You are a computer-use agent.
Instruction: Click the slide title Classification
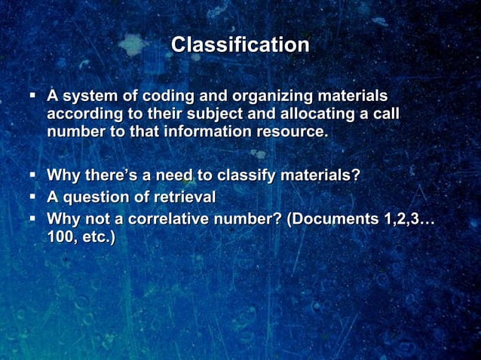[240, 45]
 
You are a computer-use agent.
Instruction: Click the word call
[383, 114]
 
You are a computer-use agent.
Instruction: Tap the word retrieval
[183, 197]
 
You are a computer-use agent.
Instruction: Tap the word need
[171, 176]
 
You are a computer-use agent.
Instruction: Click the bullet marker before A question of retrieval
[33, 197]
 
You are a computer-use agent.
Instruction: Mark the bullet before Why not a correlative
[33, 218]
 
